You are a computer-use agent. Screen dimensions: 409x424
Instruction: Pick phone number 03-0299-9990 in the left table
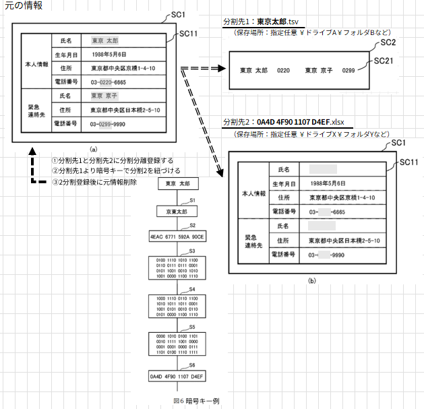click(113, 125)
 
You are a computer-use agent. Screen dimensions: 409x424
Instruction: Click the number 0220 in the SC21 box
click(284, 70)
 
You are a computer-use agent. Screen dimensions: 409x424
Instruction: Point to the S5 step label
click(193, 325)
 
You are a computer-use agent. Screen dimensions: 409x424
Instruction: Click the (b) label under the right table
click(311, 278)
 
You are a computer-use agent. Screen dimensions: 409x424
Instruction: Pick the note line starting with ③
click(94, 182)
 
